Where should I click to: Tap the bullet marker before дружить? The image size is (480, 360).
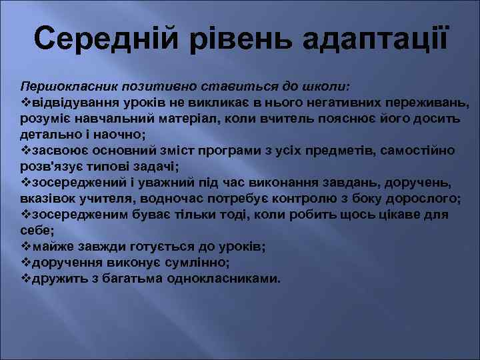[25, 278]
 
